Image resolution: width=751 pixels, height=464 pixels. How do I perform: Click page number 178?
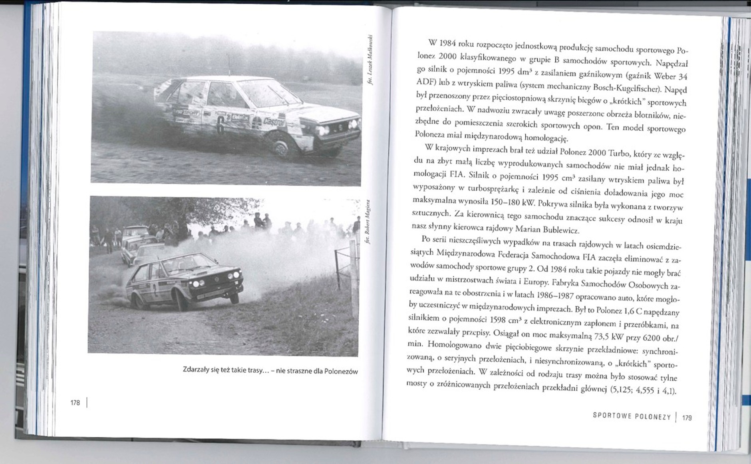click(75, 403)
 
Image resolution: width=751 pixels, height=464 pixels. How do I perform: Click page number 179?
click(687, 418)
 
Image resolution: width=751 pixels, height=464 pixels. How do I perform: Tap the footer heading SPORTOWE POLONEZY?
click(632, 416)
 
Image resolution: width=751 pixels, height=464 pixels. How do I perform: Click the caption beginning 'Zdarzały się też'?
click(270, 370)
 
